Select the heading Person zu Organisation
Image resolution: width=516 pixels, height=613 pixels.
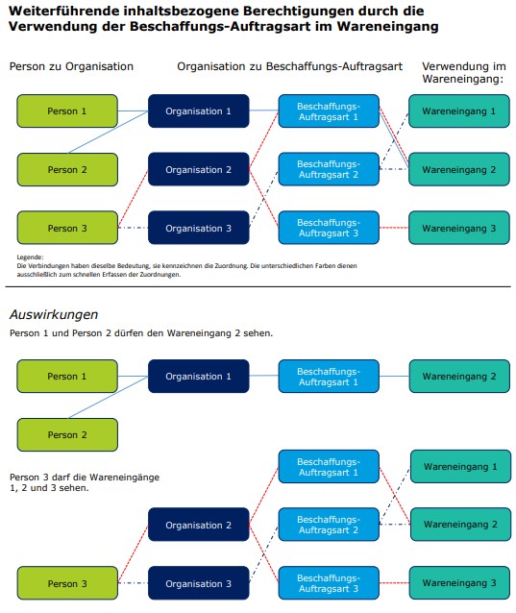pos(71,66)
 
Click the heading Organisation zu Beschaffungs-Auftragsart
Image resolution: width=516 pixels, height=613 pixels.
pos(289,66)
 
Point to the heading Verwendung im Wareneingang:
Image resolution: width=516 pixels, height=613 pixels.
pos(464,72)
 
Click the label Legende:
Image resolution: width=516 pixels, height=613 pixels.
pos(30,257)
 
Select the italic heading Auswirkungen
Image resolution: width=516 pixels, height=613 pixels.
pos(54,314)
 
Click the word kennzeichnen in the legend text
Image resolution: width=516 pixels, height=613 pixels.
pos(182,266)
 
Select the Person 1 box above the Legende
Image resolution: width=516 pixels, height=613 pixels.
pos(67,111)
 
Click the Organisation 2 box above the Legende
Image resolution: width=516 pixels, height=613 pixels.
pos(199,169)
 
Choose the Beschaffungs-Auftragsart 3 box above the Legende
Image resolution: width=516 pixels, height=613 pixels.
pos(329,228)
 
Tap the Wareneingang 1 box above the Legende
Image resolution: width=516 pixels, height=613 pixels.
pos(459,111)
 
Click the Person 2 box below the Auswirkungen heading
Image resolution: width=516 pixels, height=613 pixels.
pos(67,434)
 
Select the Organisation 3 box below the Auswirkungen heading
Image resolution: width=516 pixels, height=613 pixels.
pos(199,583)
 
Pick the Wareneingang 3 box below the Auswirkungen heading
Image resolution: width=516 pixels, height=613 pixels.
pos(459,583)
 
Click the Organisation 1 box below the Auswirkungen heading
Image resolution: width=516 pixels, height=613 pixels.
pos(199,376)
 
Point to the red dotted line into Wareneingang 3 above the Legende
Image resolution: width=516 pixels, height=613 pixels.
pos(394,228)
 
